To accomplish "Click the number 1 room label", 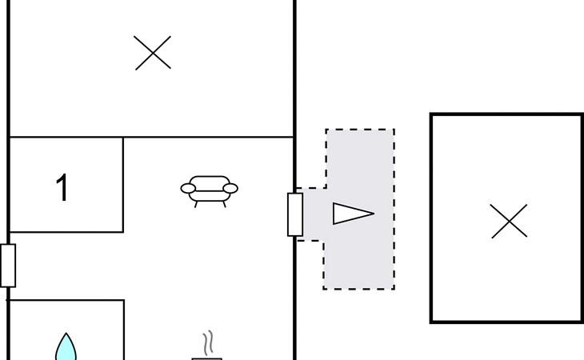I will (x=62, y=189).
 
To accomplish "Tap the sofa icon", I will (x=209, y=190).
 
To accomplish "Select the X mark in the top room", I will (x=153, y=54).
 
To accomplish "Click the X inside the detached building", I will (x=509, y=221).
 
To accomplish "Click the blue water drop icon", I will (x=66, y=348).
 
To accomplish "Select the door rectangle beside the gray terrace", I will (x=295, y=214).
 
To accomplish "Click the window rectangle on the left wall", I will (x=8, y=266).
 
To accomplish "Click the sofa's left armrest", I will (x=189, y=189).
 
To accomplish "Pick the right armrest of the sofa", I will (x=230, y=189).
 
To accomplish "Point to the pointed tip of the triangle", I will (x=374, y=214).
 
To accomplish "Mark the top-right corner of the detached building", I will (x=582, y=114).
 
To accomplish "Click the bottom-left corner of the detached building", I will (x=432, y=322).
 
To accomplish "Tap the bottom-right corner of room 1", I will (x=123, y=232).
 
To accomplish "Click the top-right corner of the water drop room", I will (x=124, y=300).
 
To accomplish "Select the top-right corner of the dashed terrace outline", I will (x=394, y=130).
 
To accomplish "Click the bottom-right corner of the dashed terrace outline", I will (x=394, y=289).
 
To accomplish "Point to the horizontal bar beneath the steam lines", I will (x=207, y=358).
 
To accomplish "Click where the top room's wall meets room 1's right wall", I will (x=123, y=137).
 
